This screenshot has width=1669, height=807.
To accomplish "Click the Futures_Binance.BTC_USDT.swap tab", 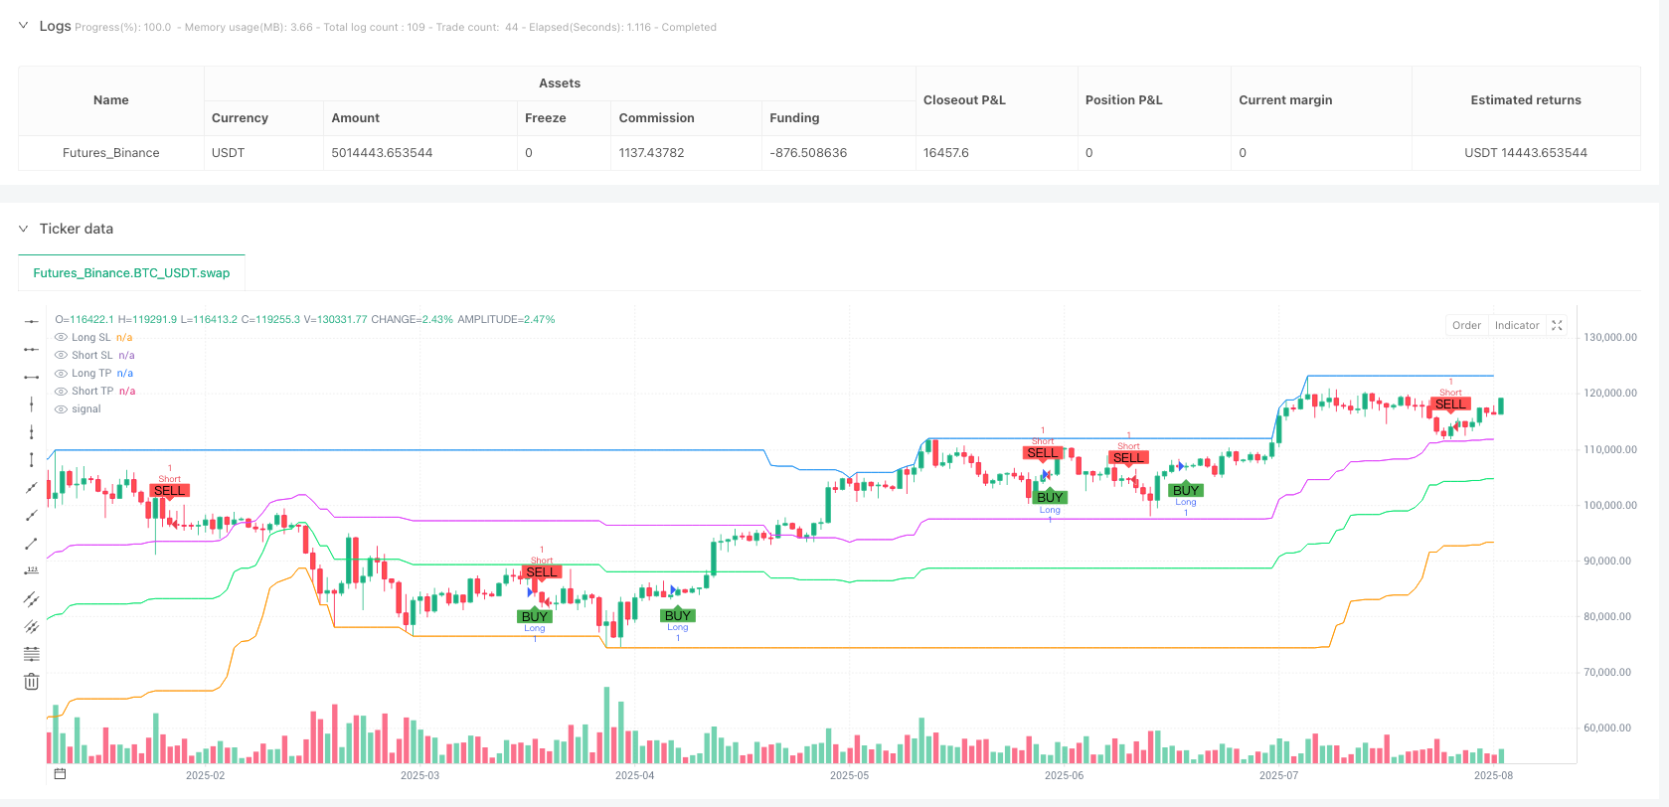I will (131, 273).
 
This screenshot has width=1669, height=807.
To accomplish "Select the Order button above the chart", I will (1466, 325).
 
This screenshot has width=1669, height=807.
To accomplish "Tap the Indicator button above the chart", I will (1517, 325).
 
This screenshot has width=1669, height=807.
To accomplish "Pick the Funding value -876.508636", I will (808, 153).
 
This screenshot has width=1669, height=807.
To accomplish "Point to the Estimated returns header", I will (1525, 100).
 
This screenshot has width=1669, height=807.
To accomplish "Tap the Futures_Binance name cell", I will (110, 153).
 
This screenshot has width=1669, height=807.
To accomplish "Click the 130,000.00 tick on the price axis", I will (1609, 338).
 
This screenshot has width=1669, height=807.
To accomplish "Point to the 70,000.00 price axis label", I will (1609, 673).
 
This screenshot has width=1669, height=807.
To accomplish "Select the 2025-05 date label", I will (849, 775).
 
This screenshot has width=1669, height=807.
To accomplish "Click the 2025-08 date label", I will (1493, 775).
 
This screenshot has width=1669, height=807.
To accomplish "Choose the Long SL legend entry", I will (91, 338).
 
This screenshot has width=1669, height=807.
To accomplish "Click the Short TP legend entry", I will (92, 392).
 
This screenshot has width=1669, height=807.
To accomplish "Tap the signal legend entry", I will (86, 409).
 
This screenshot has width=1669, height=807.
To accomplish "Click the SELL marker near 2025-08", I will (1450, 403).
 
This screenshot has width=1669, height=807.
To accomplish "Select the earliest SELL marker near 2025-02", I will (169, 491).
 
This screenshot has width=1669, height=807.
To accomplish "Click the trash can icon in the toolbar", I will (32, 681).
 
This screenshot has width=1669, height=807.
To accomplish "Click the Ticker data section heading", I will (77, 229).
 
